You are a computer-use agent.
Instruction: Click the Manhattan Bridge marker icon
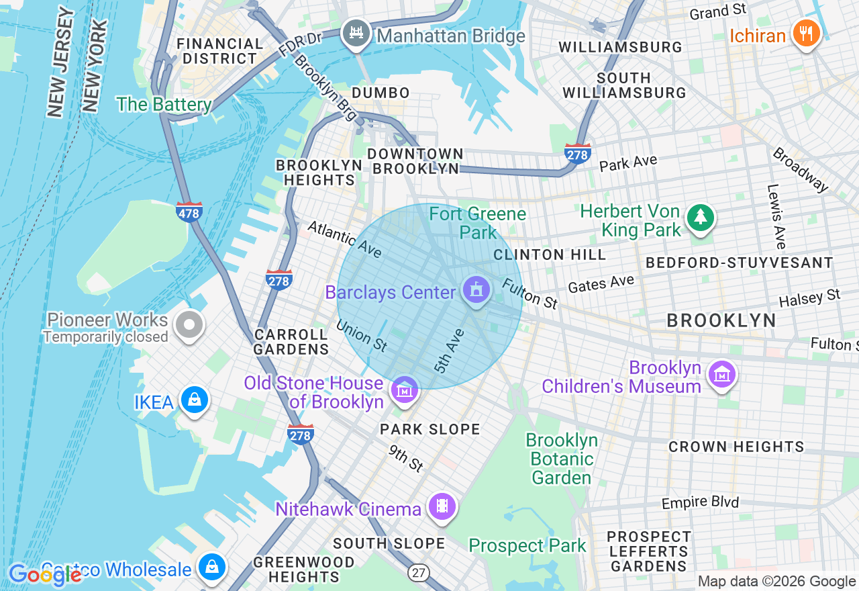[356, 34]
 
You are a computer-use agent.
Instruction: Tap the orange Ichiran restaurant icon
[807, 34]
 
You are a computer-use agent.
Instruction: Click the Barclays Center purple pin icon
[476, 291]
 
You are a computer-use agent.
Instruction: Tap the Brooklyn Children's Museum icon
[722, 375]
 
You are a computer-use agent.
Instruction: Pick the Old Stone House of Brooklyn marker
[403, 390]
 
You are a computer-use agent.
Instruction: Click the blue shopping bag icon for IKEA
[194, 400]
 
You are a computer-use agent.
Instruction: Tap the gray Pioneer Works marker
[189, 326]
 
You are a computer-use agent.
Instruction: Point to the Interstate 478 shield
[189, 212]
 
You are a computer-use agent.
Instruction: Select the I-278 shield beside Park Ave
[578, 154]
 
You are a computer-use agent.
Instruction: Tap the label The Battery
[164, 105]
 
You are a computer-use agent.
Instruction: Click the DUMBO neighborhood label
[381, 93]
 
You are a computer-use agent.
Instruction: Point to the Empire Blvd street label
[700, 502]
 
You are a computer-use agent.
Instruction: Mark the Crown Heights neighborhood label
[736, 447]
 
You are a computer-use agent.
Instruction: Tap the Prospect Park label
[527, 545]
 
